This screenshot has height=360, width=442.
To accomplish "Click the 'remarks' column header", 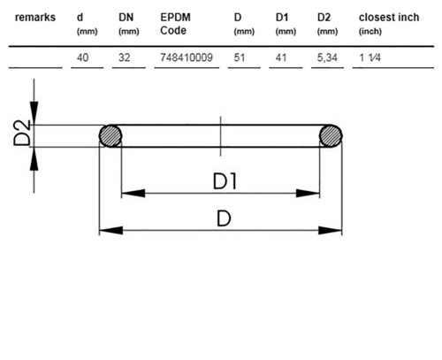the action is coord(35,18).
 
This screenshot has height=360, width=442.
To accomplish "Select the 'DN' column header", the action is coord(126,18).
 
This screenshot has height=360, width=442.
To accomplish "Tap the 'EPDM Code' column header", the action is coord(175,24).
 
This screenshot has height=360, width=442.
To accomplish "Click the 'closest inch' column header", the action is coord(389,18).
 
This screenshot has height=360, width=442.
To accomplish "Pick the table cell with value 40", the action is coord(82,57).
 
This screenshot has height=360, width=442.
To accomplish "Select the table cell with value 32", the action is coord(124,57).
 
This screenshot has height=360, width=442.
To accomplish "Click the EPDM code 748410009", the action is coord(187,57).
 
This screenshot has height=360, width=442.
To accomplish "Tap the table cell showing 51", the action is coord(240,57).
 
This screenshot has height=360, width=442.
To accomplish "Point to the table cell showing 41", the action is coord(281,57).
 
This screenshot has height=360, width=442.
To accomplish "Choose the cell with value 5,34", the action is coord(327,57).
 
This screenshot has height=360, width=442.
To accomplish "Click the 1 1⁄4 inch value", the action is coord(370,57).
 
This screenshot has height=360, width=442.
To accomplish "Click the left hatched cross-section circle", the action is coord(110,135).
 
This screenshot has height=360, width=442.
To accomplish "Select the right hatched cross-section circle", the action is coord(331,135).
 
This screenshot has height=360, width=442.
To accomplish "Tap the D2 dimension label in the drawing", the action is coord(22,133).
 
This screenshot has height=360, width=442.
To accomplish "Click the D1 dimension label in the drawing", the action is coord(225,181).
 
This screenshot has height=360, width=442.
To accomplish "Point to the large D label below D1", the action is coord(224,218).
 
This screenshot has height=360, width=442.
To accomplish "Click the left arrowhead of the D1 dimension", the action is coord(133,194).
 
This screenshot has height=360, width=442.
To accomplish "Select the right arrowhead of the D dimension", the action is coord(331,230).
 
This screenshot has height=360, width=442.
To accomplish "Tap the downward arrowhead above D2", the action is coord(34,113).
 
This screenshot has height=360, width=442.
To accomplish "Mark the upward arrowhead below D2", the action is coord(34,158).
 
